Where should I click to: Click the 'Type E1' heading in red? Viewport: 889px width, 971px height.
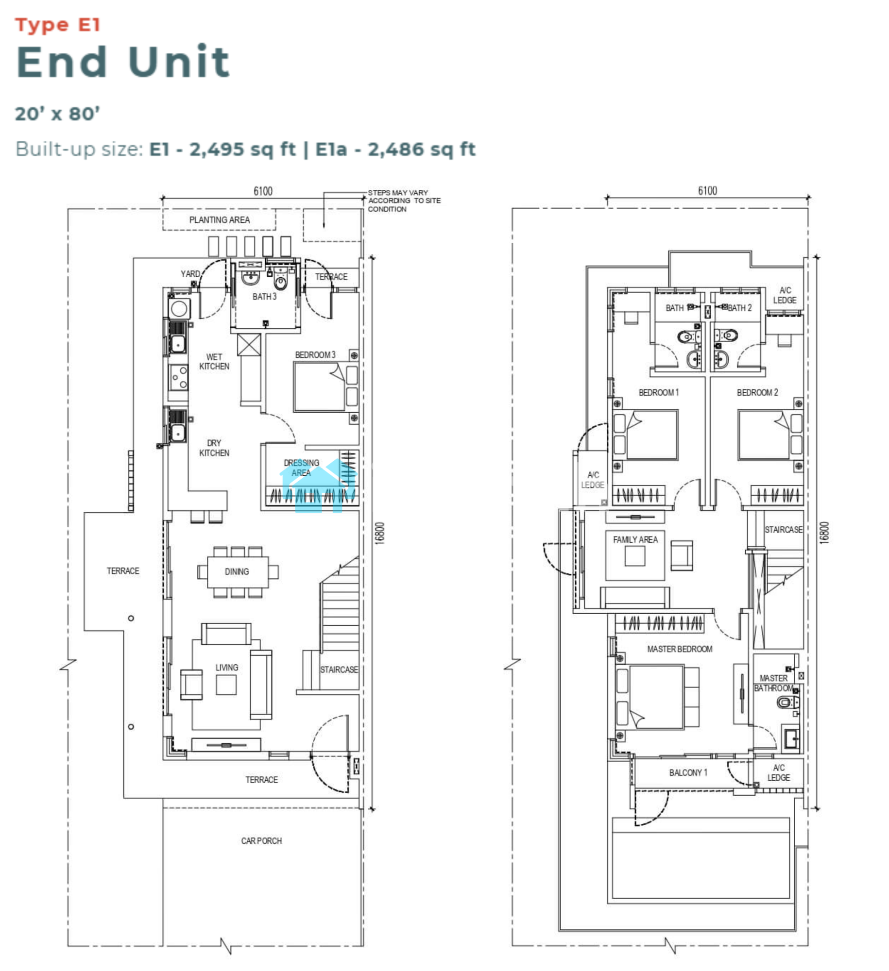pyautogui.click(x=57, y=25)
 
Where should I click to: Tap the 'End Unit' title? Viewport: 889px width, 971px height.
pyautogui.click(x=123, y=62)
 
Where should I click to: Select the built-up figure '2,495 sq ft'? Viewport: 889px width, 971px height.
pyautogui.click(x=242, y=149)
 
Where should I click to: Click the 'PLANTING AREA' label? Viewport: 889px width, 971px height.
pyautogui.click(x=220, y=220)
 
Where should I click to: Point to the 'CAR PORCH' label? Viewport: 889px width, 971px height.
pyautogui.click(x=261, y=840)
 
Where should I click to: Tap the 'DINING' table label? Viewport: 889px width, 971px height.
pyautogui.click(x=237, y=571)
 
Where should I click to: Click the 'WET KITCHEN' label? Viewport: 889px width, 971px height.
pyautogui.click(x=214, y=362)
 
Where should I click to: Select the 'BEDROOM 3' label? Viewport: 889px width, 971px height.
pyautogui.click(x=315, y=355)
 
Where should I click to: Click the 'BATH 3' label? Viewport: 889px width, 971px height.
pyautogui.click(x=264, y=297)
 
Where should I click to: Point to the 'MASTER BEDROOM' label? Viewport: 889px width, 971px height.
pyautogui.click(x=680, y=649)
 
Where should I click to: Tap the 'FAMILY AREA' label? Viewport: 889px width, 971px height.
pyautogui.click(x=635, y=539)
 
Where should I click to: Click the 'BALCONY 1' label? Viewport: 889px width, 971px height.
pyautogui.click(x=688, y=772)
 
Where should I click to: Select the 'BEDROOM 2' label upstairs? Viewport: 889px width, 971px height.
pyautogui.click(x=757, y=392)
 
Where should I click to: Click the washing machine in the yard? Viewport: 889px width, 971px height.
pyautogui.click(x=179, y=308)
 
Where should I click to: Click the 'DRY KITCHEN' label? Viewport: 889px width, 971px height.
pyautogui.click(x=214, y=448)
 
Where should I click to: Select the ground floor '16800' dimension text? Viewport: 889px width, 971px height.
pyautogui.click(x=380, y=533)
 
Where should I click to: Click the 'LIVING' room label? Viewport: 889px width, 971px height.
pyautogui.click(x=227, y=668)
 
